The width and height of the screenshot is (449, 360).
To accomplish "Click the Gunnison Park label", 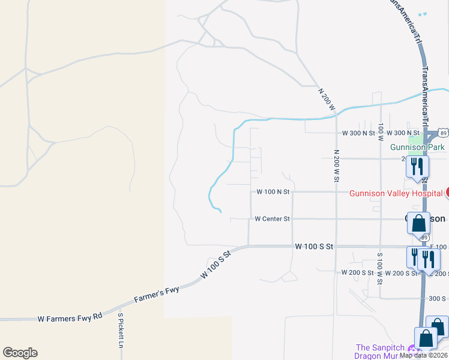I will [417, 147].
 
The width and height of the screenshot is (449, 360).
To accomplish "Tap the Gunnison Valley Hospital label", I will [397, 193].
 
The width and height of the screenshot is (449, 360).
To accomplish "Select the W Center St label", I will [272, 219].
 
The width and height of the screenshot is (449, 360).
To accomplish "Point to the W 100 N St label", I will [273, 192].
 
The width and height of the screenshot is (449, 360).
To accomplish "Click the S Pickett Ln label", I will [120, 331].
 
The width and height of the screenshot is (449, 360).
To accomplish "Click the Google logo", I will [20, 353].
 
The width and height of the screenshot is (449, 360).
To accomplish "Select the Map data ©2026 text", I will [423, 355].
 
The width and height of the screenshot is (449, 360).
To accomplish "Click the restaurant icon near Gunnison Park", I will [417, 166].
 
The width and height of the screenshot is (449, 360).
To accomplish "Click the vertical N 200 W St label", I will [336, 167].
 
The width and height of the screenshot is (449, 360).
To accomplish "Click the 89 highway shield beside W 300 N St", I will [442, 133].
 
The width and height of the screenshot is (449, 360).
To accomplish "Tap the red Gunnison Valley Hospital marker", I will [447, 193].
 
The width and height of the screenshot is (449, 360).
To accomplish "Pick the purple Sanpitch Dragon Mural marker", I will [412, 349].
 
